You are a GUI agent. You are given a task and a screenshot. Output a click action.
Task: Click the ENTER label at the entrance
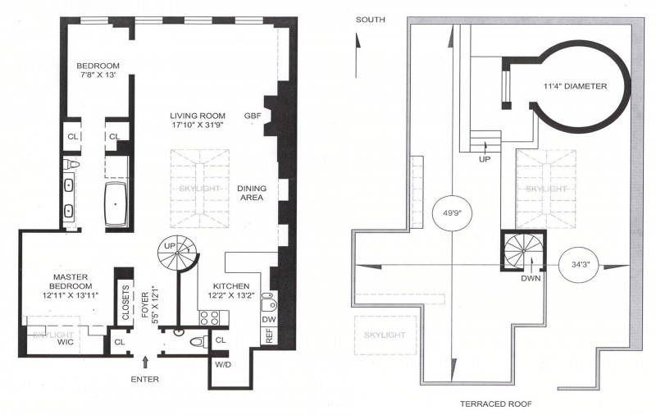[144, 379]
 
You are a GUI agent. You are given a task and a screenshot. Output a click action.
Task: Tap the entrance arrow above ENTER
[145, 361]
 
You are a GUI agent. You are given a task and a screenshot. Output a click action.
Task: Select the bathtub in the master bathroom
[116, 204]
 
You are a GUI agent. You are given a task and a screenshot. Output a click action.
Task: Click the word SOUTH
[370, 18]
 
